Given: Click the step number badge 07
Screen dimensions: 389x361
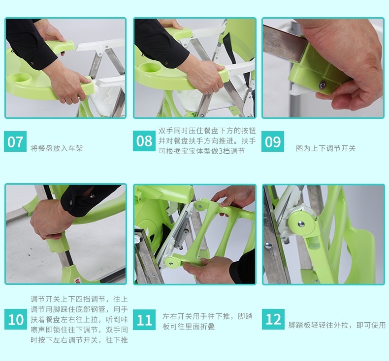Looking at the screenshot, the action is click(x=15, y=141).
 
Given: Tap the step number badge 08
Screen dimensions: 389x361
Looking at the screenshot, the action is click(x=144, y=141).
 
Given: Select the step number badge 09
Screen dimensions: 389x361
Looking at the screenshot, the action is click(x=273, y=141).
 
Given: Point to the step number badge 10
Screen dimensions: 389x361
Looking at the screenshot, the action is click(x=16, y=319).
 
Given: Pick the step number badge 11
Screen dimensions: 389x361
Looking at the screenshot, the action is click(x=144, y=320).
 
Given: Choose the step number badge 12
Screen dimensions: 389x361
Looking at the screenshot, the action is click(x=273, y=319).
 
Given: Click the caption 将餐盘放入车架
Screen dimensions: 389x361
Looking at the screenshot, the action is click(x=57, y=148).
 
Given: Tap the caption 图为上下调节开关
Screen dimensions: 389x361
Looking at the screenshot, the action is click(x=326, y=148).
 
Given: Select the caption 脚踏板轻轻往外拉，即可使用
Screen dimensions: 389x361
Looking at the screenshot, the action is click(x=337, y=325).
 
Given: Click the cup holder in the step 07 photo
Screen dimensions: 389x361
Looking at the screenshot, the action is click(x=19, y=79).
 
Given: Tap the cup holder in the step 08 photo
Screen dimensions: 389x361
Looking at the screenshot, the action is click(x=150, y=68).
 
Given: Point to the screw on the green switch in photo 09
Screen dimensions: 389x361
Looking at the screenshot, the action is click(x=322, y=85).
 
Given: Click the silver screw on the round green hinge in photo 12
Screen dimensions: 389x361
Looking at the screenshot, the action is click(x=301, y=224).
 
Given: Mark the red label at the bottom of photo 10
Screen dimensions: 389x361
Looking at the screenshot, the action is click(x=77, y=281).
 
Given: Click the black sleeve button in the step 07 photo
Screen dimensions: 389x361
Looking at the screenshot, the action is click(x=32, y=63).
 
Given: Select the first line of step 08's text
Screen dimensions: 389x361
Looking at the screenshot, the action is click(x=207, y=131).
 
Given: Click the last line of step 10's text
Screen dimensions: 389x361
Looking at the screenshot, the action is click(x=79, y=340).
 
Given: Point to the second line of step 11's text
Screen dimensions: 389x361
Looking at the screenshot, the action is click(x=188, y=326).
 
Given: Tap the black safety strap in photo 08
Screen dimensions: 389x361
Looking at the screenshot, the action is click(x=230, y=50).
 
